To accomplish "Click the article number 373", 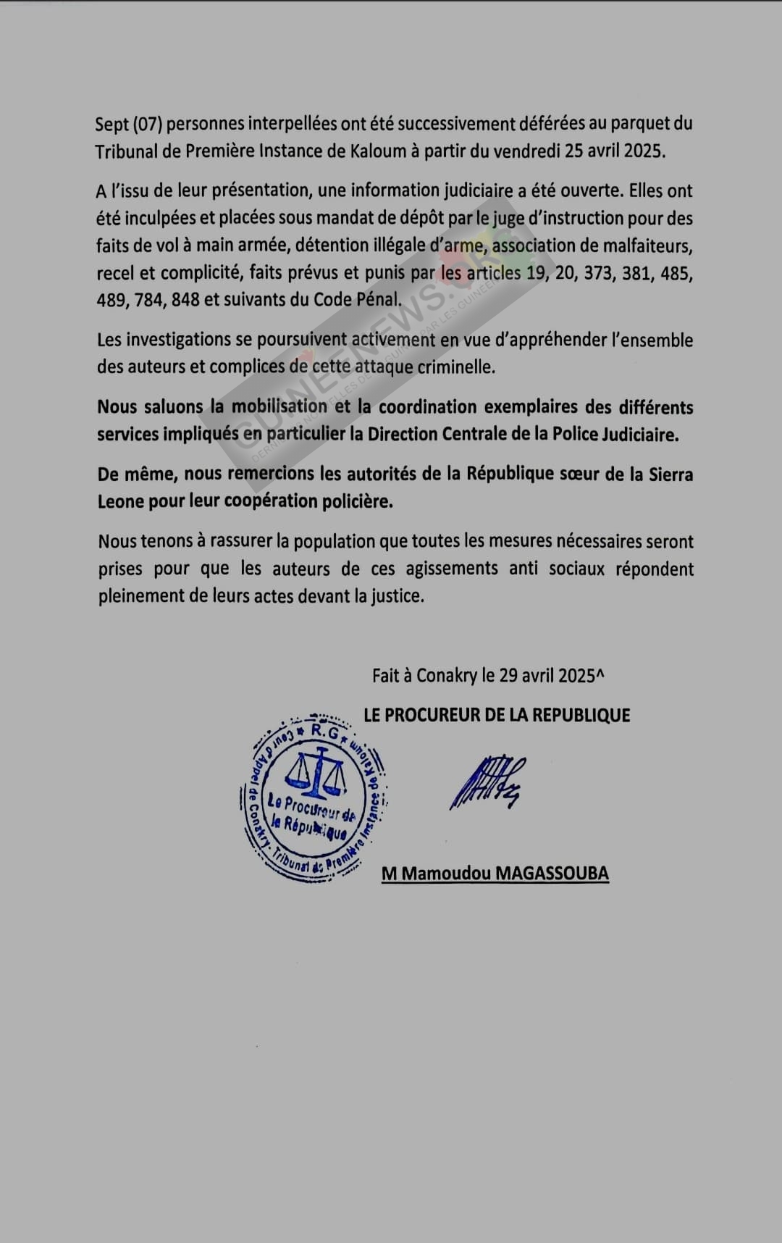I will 597,273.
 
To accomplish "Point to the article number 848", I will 185,300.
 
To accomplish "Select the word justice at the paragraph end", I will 396,596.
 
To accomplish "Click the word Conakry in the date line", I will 446,676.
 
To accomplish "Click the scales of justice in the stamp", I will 316,771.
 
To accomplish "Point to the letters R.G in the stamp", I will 324,732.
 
